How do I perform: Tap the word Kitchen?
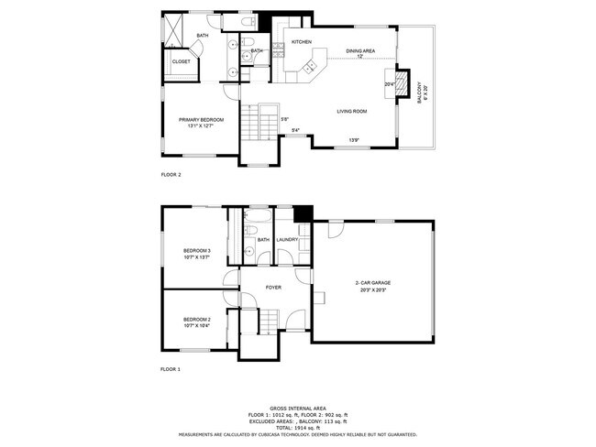302,42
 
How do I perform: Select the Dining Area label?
359,50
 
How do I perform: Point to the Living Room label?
351,111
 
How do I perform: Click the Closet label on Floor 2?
181,61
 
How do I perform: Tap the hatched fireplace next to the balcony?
401,82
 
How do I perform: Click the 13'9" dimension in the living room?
353,139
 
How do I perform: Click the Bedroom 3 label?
197,250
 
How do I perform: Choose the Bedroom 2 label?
197,320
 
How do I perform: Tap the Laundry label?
288,240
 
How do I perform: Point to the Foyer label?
273,288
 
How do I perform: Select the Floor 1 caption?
171,368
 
